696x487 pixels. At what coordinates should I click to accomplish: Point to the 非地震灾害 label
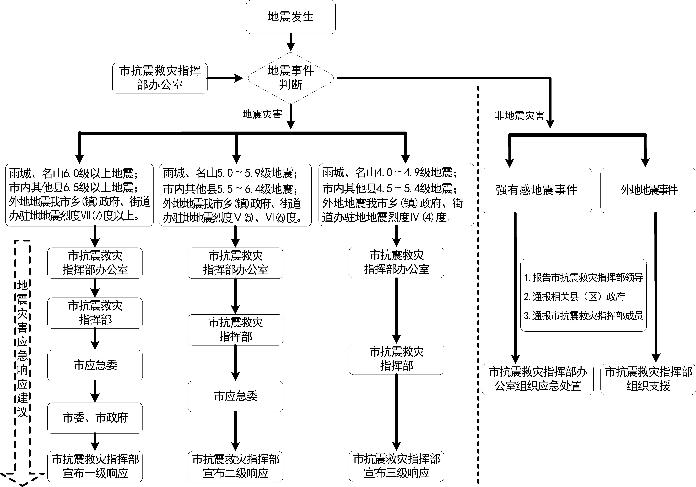click(519, 116)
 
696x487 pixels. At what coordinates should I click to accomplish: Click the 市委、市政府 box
click(95, 418)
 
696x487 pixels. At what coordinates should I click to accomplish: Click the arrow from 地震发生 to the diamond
click(291, 42)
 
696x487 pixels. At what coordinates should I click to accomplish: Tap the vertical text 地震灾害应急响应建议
click(22, 349)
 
